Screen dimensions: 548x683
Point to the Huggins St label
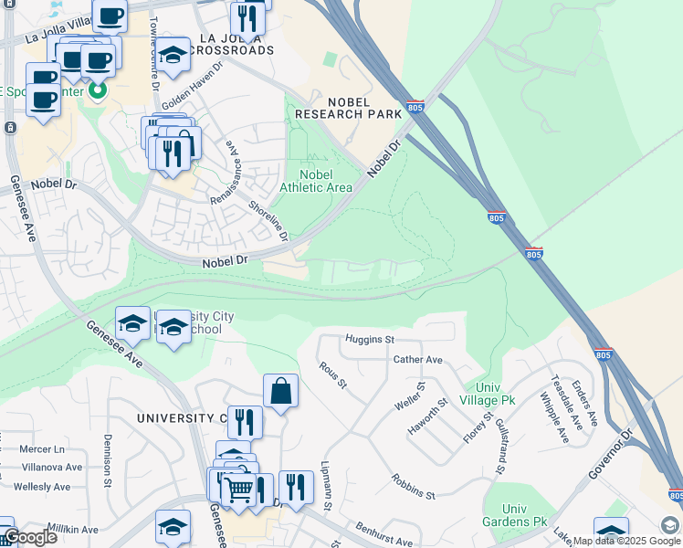(x=369, y=340)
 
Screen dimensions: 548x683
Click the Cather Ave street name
(x=417, y=360)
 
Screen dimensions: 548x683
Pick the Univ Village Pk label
(x=490, y=394)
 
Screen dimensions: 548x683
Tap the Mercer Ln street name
(x=42, y=449)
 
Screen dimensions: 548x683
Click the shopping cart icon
(x=239, y=490)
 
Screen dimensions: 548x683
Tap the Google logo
(x=29, y=536)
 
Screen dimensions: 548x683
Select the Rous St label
(x=333, y=374)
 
